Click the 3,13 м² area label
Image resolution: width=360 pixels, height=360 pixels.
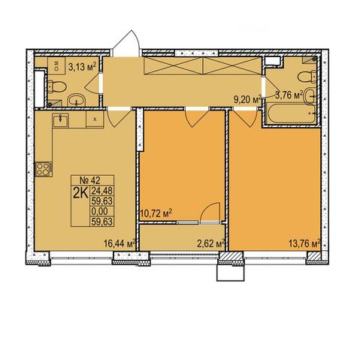pos(83,67)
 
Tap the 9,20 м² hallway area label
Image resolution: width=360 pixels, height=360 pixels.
pos(247,99)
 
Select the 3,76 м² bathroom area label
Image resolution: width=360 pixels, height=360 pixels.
pos(289,95)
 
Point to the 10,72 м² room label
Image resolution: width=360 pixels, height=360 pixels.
pos(156,213)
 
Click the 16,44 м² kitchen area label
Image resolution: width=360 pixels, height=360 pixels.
pos(119,243)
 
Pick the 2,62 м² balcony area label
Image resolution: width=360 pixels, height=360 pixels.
pos(210,244)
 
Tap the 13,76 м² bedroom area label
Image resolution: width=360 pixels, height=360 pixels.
pos(304,243)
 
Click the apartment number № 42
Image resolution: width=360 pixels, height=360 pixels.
pos(89,180)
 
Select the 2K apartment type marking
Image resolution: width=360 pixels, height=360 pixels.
pos(80,193)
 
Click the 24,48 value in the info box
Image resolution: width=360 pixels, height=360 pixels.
pos(102,191)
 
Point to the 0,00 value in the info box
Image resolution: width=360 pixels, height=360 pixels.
pos(99,211)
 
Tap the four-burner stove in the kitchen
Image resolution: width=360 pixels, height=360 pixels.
pos(44,169)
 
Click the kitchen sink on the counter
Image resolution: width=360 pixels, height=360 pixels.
pos(60,120)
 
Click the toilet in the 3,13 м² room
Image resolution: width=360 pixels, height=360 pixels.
pos(57,86)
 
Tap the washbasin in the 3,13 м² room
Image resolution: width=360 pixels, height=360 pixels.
pos(77,100)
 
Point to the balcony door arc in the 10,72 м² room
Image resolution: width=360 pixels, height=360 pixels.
pos(210,213)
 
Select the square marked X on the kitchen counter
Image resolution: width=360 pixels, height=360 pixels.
pos(95,119)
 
